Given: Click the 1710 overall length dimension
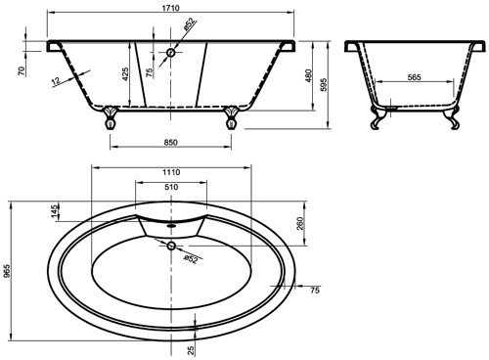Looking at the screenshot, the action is [171, 8].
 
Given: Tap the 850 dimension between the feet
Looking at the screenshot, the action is [171, 143].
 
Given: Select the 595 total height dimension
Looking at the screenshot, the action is [324, 85].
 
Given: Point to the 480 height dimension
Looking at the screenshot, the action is [309, 75].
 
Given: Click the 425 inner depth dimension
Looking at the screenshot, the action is [126, 74].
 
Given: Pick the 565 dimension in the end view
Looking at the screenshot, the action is [415, 77].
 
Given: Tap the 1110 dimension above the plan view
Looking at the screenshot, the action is [171, 172].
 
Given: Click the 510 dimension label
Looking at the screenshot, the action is [171, 187].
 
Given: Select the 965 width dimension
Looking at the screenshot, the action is [6, 271].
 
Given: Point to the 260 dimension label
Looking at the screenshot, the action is [300, 223].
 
